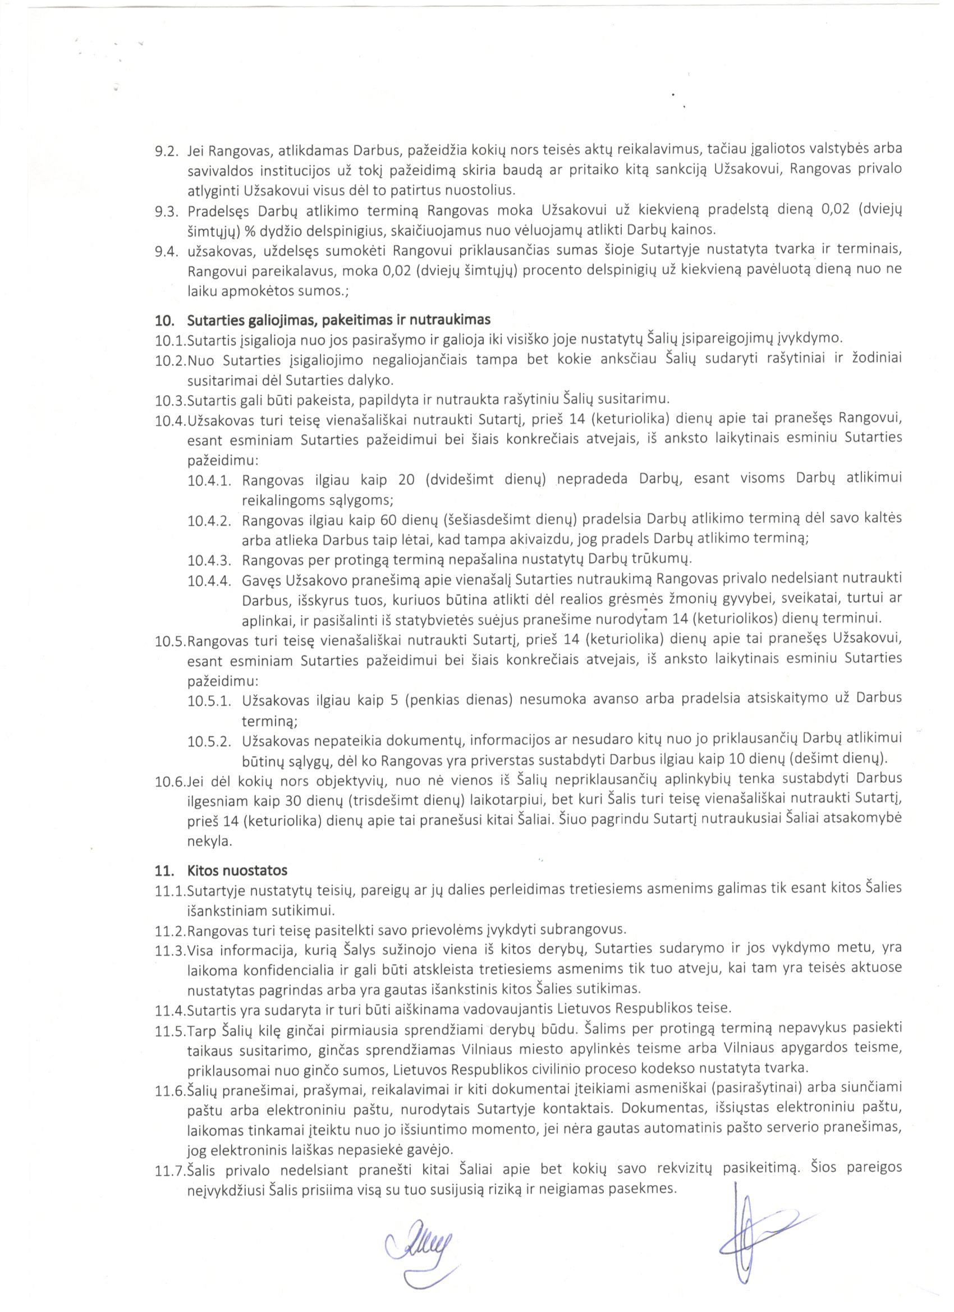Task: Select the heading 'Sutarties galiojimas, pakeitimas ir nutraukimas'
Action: click(x=339, y=319)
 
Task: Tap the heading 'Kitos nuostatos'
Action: click(x=237, y=870)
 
